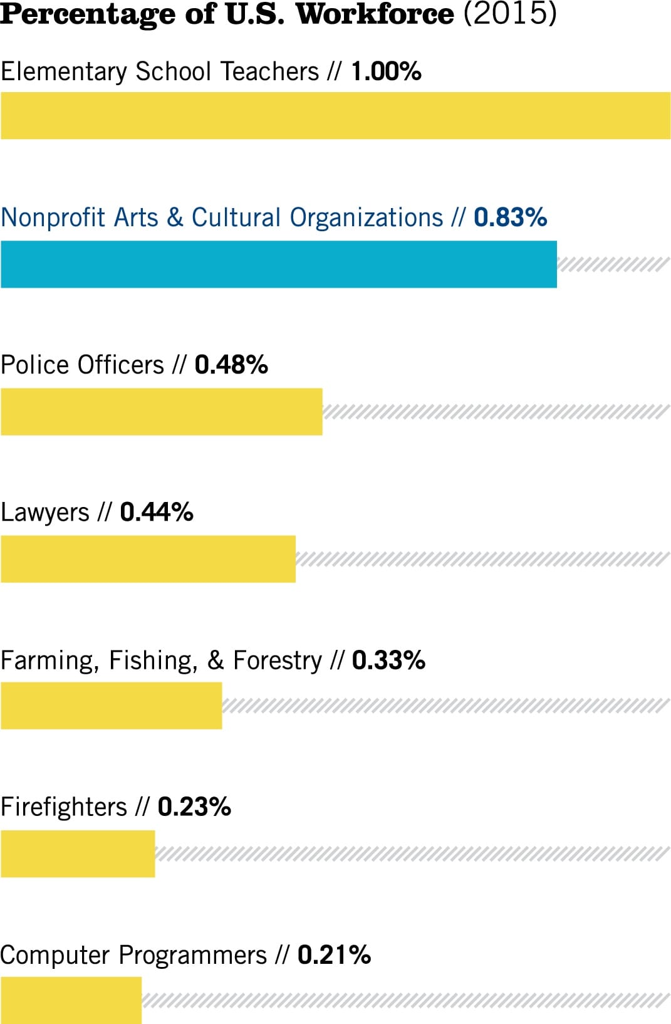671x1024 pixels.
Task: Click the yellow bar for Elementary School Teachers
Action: (335, 116)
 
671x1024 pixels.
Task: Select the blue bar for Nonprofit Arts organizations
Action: (278, 264)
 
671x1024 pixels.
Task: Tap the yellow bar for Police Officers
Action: (161, 412)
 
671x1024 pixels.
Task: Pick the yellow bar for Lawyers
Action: (148, 559)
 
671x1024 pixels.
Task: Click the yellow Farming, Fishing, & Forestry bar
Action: (111, 706)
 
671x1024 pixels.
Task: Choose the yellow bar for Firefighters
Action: (78, 854)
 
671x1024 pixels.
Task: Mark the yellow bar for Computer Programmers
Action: (71, 1001)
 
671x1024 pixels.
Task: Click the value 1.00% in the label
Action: (386, 71)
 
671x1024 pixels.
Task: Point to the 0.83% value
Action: (510, 218)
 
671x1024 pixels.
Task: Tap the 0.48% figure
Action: (231, 365)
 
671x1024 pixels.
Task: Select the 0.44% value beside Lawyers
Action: (157, 513)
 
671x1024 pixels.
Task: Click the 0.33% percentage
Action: (388, 661)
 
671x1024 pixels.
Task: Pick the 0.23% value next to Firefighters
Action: (194, 807)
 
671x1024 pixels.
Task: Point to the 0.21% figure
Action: (334, 955)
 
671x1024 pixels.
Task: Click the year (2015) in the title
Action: (509, 14)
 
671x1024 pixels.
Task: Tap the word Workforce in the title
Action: (375, 14)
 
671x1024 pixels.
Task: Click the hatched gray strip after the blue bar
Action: (613, 264)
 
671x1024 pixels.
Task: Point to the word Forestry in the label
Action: (278, 661)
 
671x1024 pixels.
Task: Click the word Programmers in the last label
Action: (193, 956)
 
